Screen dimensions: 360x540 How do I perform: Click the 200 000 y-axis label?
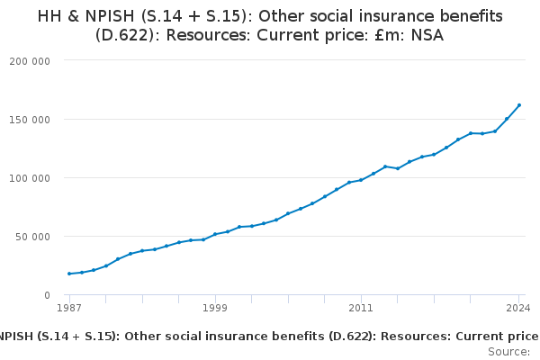pyautogui.click(x=31, y=60)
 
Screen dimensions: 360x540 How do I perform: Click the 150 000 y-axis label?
pyautogui.click(x=31, y=119)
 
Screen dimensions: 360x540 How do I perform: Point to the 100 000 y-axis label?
pyautogui.click(x=31, y=177)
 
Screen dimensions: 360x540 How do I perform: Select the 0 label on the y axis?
pyautogui.click(x=46, y=295)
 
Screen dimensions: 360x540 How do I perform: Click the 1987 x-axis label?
pyautogui.click(x=69, y=308)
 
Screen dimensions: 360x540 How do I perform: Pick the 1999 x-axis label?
pyautogui.click(x=215, y=308)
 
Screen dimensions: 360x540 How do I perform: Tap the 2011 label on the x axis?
pyautogui.click(x=361, y=308)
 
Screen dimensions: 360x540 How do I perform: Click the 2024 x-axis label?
pyautogui.click(x=518, y=308)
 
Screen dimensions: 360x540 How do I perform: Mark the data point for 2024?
pyautogui.click(x=519, y=105)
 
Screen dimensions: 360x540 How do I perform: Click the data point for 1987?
pyautogui.click(x=69, y=274)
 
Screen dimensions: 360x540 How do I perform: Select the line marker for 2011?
pyautogui.click(x=361, y=180)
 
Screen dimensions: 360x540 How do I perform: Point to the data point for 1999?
pyautogui.click(x=215, y=234)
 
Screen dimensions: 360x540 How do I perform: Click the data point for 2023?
pyautogui.click(x=507, y=119)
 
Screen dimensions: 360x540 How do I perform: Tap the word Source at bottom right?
pyautogui.click(x=508, y=352)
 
